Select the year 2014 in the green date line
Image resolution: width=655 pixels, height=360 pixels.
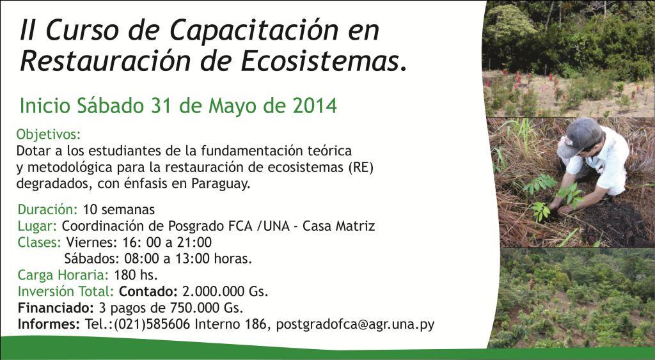tap(315, 106)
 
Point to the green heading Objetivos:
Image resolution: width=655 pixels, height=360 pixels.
tap(49, 135)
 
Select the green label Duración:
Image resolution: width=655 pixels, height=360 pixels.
tap(48, 209)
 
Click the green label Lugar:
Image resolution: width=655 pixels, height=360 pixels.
tap(37, 226)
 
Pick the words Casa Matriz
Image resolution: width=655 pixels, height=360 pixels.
tap(338, 226)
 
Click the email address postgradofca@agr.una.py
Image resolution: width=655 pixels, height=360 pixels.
tap(356, 324)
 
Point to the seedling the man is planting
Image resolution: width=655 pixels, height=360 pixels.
tap(570, 194)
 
